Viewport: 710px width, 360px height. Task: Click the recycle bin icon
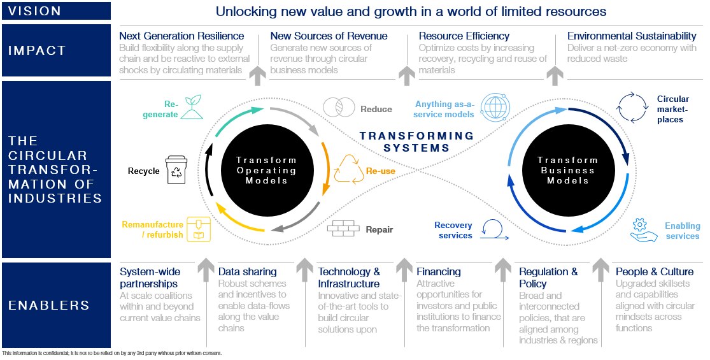(176, 171)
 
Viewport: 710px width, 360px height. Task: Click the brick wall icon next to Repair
(343, 228)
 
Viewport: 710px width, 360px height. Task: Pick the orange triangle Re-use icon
(348, 169)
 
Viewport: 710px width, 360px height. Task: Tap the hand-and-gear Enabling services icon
(644, 230)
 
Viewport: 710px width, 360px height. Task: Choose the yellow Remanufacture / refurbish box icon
(199, 230)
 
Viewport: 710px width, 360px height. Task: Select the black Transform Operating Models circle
(267, 170)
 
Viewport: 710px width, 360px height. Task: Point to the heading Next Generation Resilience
(181, 36)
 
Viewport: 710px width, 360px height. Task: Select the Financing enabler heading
(439, 271)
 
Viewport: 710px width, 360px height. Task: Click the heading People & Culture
(655, 271)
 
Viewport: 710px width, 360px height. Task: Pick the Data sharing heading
(248, 271)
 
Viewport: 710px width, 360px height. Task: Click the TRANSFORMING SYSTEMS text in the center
(416, 141)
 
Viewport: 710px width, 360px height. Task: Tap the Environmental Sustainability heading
(632, 36)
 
